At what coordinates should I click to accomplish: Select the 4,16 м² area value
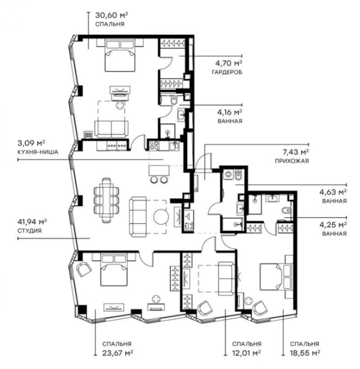coord(230,111)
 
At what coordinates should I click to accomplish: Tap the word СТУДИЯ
coord(30,231)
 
